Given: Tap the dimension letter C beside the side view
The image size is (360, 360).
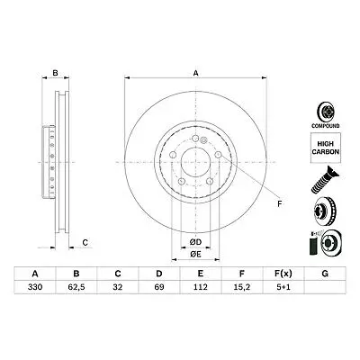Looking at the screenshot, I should [84, 241].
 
